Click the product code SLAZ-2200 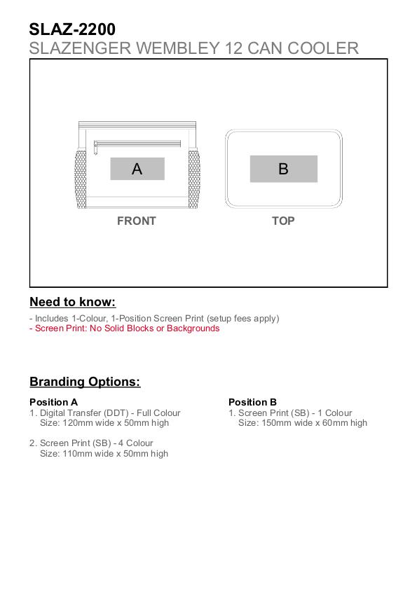pyautogui.click(x=72, y=29)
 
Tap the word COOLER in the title pyautogui.click(x=323, y=48)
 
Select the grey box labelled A pyautogui.click(x=137, y=169)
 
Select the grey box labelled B pyautogui.click(x=284, y=169)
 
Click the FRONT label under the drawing pyautogui.click(x=137, y=221)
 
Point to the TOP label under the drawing pyautogui.click(x=283, y=221)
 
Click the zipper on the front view pyautogui.click(x=137, y=144)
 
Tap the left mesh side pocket pyautogui.click(x=81, y=179)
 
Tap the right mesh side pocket pyautogui.click(x=193, y=179)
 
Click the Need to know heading pyautogui.click(x=73, y=302)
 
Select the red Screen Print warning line pyautogui.click(x=125, y=328)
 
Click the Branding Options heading pyautogui.click(x=85, y=382)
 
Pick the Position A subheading pyautogui.click(x=53, y=402)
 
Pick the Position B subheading pyautogui.click(x=252, y=402)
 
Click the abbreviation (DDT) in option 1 pyautogui.click(x=116, y=413)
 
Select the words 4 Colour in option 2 pyautogui.click(x=136, y=443)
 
